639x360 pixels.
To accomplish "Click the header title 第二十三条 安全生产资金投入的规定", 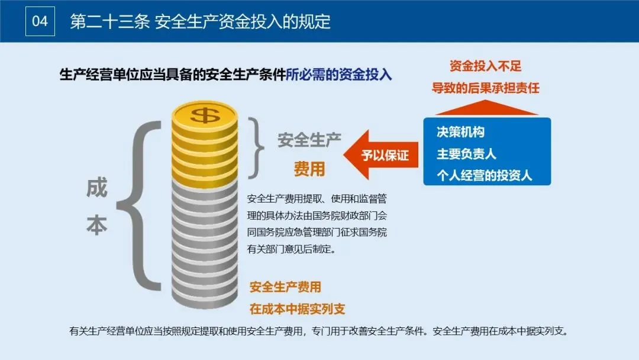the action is (x=200, y=22).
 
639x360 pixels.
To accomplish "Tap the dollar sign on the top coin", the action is (x=205, y=114).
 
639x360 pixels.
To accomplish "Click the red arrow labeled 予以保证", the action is (x=379, y=156).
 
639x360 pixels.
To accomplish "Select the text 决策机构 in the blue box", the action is (x=460, y=132).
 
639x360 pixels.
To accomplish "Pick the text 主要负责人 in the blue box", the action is (x=466, y=154).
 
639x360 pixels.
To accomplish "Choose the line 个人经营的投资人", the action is (x=484, y=175).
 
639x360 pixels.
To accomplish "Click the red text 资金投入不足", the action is (x=485, y=66).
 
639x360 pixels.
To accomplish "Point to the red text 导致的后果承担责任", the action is (x=485, y=88).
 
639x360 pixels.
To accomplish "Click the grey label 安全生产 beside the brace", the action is (x=309, y=141).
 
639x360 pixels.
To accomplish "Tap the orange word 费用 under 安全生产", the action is (x=309, y=169).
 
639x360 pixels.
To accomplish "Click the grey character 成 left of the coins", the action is (x=97, y=188).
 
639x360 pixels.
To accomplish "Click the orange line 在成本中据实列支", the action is (x=297, y=309).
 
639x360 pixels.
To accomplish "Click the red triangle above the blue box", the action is (x=486, y=108).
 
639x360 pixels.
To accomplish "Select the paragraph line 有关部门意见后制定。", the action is (x=292, y=249).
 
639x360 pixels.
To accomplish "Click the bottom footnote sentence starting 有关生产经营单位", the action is (x=319, y=331).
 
